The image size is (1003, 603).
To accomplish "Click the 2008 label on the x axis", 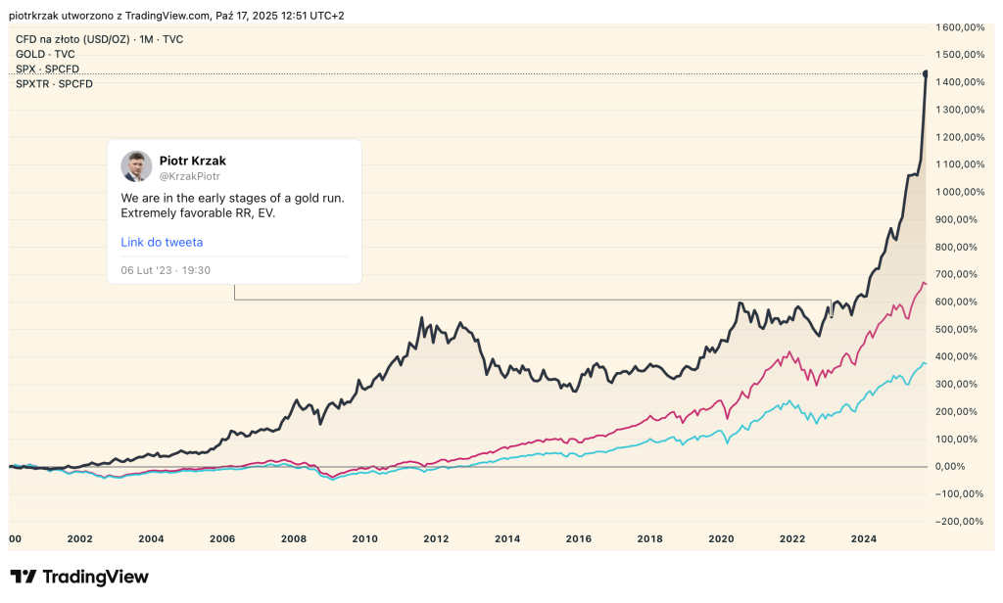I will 294,538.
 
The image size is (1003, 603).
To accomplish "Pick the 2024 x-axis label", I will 864,538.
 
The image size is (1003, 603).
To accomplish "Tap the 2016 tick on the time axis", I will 579,538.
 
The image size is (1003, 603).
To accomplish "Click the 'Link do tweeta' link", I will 162,242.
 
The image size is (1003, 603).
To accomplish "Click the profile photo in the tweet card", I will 136,166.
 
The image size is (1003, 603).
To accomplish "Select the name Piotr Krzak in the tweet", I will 192,161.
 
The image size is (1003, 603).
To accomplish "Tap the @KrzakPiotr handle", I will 189,176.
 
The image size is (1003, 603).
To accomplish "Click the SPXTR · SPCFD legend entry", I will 54,84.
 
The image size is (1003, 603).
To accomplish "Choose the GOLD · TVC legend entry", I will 45,54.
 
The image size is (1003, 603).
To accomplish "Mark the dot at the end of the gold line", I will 926,73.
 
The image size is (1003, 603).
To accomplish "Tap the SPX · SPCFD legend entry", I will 47,70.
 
